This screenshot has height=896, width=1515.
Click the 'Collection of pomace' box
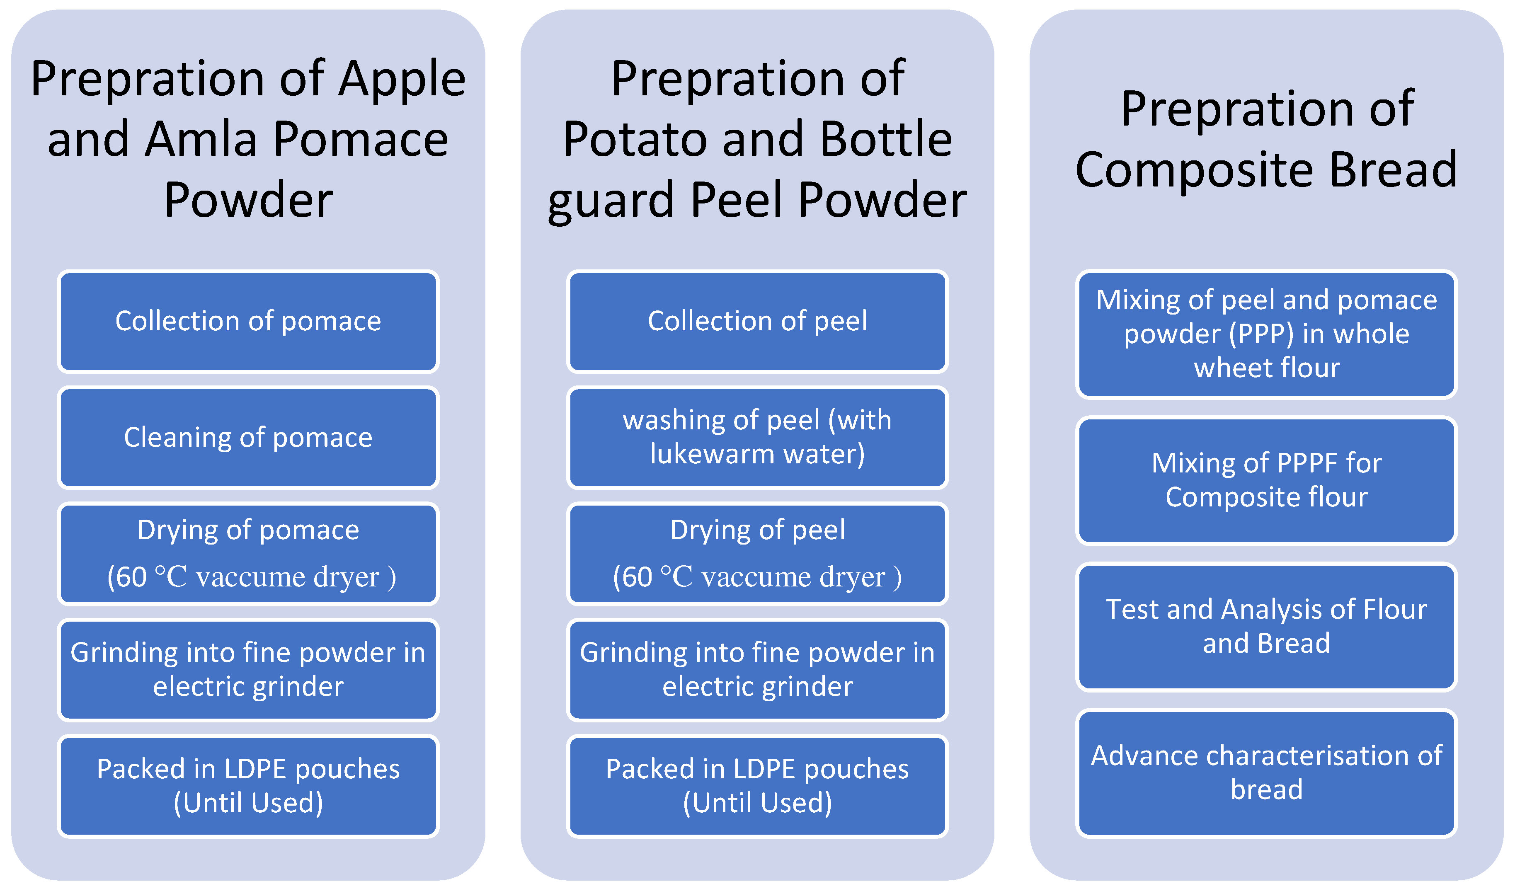(248, 321)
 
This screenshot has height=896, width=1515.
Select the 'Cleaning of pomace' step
(248, 438)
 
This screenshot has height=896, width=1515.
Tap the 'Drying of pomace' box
(248, 554)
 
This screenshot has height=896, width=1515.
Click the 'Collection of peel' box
(757, 321)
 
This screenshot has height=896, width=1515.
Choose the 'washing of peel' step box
(757, 438)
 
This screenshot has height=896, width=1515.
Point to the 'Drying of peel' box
(757, 554)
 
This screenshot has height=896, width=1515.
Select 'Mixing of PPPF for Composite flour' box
(1266, 481)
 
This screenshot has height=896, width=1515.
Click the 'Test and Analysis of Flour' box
(1266, 627)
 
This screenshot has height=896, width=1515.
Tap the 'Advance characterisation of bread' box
(1266, 773)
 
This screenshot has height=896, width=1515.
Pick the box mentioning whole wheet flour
(1266, 334)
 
